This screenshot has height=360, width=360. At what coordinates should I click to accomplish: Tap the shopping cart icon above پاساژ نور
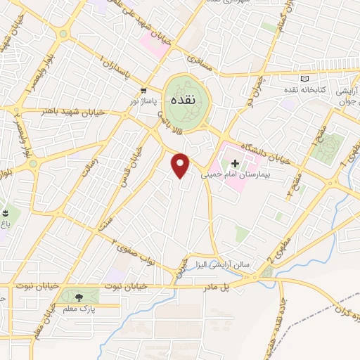tap(143, 91)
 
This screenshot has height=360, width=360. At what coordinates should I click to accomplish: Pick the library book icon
tap(304, 79)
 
